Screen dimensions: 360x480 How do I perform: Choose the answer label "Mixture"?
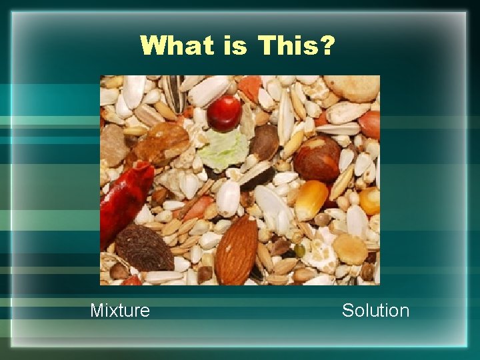tap(120, 310)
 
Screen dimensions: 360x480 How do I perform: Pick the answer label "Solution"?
tap(375, 310)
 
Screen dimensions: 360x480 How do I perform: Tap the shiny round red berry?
tap(224, 113)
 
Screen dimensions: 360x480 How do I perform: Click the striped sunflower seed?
tap(174, 93)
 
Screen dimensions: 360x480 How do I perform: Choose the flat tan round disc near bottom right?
tap(350, 249)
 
